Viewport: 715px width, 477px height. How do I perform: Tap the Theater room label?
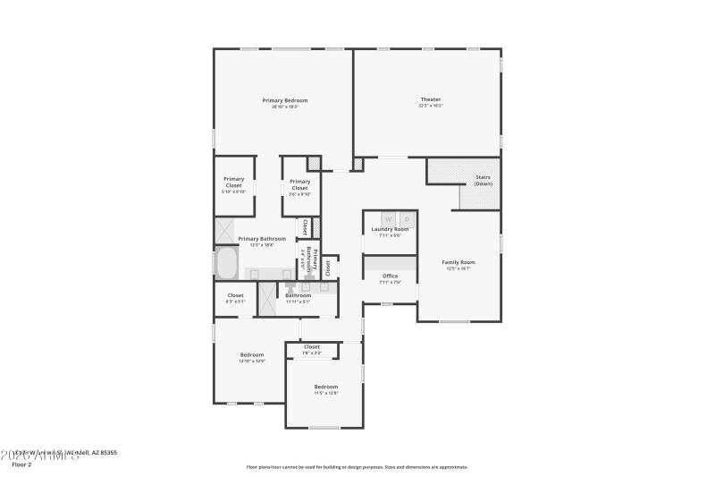(x=431, y=98)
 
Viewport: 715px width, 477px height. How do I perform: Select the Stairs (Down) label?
(x=483, y=180)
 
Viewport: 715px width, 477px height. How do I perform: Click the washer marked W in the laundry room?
(x=389, y=218)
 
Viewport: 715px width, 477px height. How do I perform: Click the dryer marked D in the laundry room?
(x=407, y=218)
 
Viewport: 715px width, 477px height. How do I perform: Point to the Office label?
(x=390, y=276)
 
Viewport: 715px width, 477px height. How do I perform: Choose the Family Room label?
(x=458, y=262)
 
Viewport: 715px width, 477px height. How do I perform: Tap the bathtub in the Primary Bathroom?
(x=226, y=264)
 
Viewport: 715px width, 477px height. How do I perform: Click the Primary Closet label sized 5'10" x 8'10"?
(x=233, y=182)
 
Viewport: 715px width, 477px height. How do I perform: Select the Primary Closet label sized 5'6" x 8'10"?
(x=299, y=184)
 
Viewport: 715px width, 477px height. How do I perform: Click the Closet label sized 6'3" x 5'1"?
(x=235, y=295)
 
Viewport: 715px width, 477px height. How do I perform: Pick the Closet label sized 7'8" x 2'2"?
(x=311, y=346)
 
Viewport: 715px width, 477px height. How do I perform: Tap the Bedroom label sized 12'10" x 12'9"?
(x=251, y=354)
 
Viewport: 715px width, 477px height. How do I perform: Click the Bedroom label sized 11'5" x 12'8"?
(x=325, y=387)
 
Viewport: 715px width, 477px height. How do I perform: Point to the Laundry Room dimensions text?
(x=390, y=235)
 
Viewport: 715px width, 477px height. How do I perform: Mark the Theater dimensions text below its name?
(x=431, y=106)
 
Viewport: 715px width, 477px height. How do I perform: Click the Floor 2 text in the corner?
(x=21, y=464)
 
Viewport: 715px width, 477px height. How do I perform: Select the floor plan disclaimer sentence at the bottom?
(x=357, y=466)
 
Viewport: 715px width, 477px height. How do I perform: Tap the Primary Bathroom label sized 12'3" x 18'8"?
(x=262, y=239)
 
